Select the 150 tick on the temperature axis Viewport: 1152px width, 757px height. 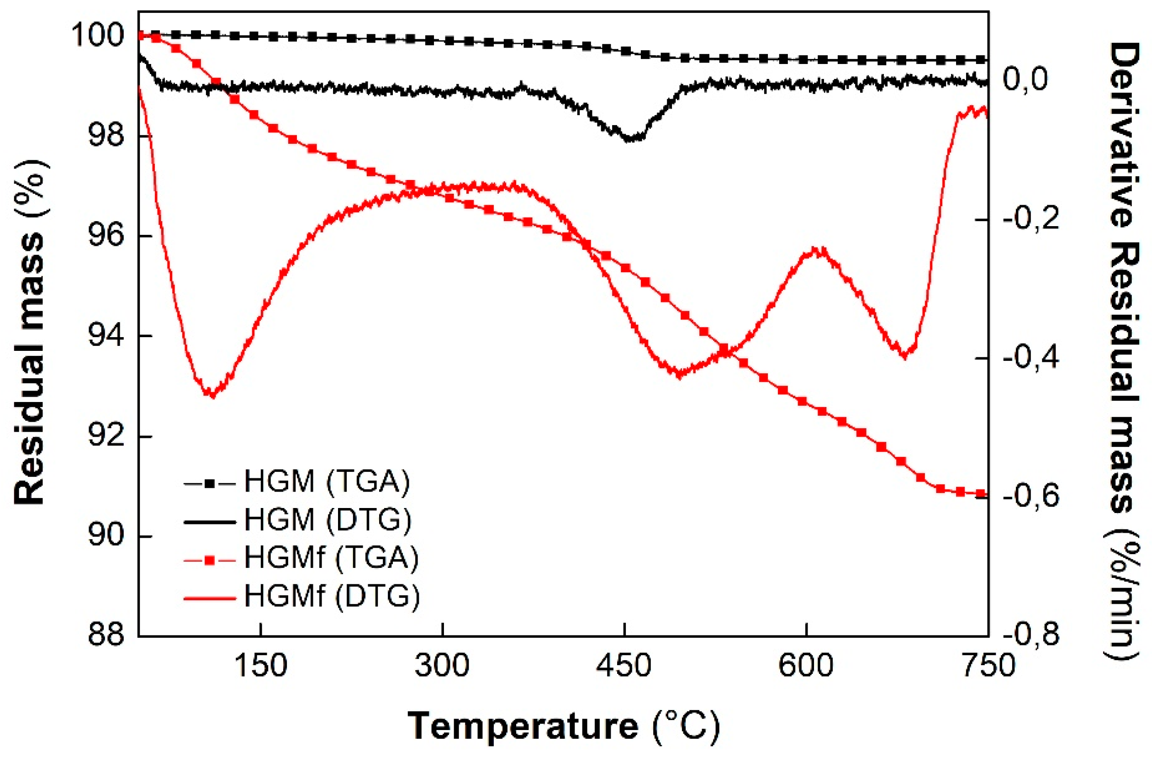click(261, 666)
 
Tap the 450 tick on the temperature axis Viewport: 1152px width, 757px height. click(624, 666)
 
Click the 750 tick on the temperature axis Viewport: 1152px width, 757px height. click(988, 666)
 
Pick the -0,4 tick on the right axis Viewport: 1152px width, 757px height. click(1031, 358)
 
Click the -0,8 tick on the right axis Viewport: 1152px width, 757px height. click(1031, 635)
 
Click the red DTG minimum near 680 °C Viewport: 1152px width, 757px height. click(904, 356)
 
